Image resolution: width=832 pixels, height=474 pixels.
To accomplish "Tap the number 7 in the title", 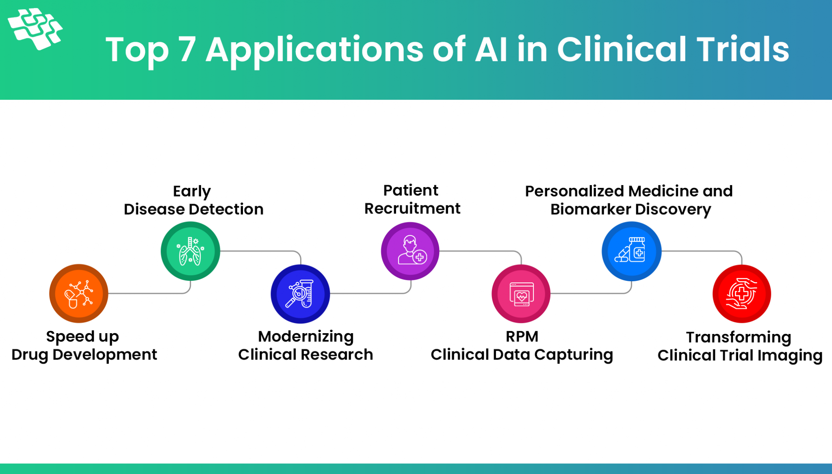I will coord(187,50).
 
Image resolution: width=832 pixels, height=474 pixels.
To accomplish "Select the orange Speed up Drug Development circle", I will coord(79,293).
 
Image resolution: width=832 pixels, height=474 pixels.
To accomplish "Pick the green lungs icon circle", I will coord(190,251).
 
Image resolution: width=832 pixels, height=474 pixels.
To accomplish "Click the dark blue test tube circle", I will coord(300,294).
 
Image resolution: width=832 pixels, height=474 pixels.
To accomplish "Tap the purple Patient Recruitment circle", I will coord(410,251).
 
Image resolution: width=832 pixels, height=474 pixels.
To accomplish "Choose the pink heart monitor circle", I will coord(521,294).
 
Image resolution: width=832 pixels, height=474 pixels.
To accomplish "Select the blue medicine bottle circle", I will coord(631,251).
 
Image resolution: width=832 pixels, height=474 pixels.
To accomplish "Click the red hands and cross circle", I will coord(742,294).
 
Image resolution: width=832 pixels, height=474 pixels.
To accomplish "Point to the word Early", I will coord(192,192).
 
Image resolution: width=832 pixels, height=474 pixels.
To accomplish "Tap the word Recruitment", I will coord(412,209).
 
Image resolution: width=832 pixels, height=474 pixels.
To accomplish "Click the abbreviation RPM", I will coord(522,337).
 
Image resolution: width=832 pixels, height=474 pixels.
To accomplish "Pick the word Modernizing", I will coord(306,337).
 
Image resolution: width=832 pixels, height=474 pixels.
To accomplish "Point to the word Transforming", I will coord(739,338).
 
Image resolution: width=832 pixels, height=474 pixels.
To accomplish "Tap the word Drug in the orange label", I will coord(30,355).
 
